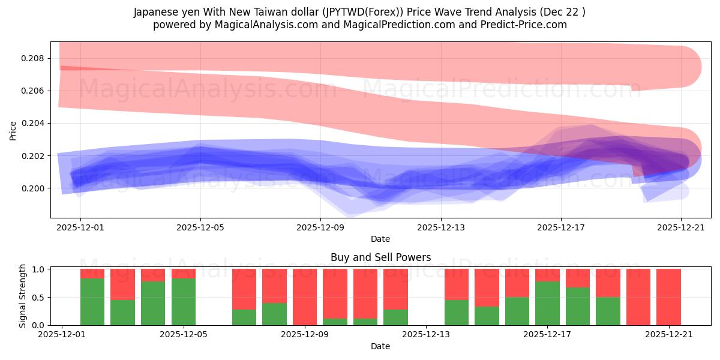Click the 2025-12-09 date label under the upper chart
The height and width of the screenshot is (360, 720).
click(320, 227)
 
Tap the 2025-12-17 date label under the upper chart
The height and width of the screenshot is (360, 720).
click(560, 227)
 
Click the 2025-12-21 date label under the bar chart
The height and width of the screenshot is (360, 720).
click(668, 335)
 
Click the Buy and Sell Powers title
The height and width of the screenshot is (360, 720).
click(380, 257)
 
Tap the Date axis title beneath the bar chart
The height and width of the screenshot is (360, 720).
click(380, 346)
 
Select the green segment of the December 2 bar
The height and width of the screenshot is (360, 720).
click(92, 302)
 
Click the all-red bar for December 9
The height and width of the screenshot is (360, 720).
click(305, 297)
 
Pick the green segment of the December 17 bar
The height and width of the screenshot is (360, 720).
click(547, 303)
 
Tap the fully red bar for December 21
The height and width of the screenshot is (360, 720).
click(668, 297)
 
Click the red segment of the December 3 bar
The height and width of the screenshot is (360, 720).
click(122, 284)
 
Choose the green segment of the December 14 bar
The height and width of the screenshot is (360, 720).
click(457, 312)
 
